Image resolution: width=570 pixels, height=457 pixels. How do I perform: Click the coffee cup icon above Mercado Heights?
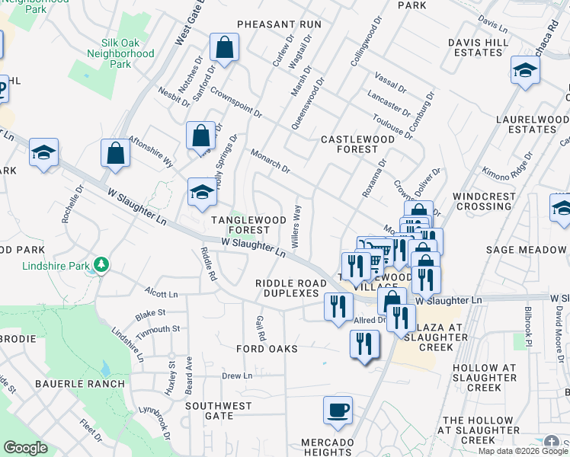338,411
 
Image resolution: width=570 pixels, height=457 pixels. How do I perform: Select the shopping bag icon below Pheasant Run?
225,48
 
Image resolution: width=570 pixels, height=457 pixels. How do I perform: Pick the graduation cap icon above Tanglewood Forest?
203,192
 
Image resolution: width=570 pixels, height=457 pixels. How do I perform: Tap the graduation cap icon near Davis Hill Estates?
525,71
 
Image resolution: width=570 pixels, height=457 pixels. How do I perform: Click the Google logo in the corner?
26,448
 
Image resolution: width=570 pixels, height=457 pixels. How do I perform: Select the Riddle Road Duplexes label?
287,288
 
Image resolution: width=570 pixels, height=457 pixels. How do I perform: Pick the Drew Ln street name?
236,376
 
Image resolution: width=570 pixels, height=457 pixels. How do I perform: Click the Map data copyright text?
523,451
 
